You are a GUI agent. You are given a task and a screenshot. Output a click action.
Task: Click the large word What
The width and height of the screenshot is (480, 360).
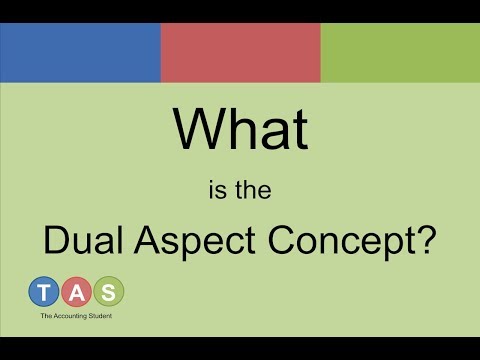(240, 129)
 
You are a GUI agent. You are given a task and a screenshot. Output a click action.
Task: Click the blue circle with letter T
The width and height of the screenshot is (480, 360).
(44, 292)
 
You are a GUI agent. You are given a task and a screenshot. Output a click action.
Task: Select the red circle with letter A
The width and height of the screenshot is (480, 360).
(76, 292)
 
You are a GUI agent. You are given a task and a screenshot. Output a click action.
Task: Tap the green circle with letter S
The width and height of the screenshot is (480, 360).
(108, 292)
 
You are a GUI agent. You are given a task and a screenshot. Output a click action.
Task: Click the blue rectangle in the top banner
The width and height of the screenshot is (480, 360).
(80, 53)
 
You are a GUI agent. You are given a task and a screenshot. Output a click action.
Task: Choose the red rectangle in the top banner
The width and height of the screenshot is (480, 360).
(240, 53)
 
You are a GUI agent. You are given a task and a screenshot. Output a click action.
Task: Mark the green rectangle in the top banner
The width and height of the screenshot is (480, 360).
(400, 53)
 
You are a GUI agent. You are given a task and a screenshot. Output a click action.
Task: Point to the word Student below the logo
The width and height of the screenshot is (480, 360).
(104, 317)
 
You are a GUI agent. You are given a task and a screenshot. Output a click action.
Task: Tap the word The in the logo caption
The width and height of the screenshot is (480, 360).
(47, 317)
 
